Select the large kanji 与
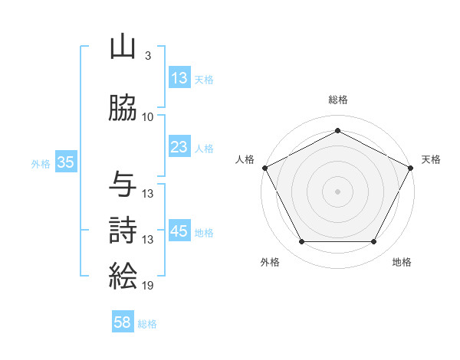pos(123,185)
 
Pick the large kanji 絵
pos(123,274)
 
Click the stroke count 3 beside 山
pos(147,57)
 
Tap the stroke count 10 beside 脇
pos(148,117)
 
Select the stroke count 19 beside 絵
pos(148,286)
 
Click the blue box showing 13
pos(179,78)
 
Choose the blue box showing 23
pos(179,147)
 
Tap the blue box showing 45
pos(179,231)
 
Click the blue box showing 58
pos(123,323)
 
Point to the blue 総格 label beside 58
pos(148,324)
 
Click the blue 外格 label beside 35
pos(41,163)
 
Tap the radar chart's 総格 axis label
pos(338,100)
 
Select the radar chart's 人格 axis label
pos(245,159)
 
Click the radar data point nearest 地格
pos(374,242)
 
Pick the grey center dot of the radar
pos(338,191)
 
